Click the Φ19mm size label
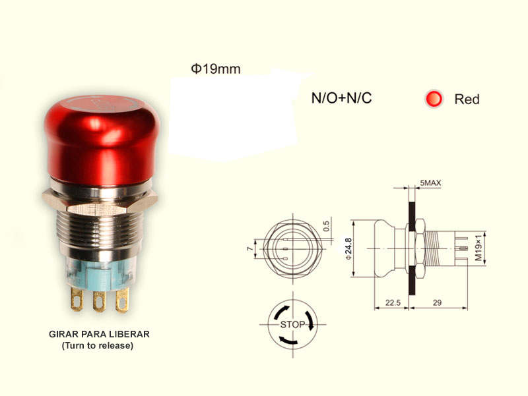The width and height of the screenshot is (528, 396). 215,69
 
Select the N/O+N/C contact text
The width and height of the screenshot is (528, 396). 341,99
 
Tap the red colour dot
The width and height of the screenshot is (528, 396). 434,99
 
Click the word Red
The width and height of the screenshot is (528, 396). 467,99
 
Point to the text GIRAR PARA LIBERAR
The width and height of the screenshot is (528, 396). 99,334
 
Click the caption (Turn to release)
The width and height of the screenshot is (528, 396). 97,345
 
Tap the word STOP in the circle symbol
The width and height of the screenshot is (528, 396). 292,325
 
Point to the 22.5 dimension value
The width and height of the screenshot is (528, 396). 393,303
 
